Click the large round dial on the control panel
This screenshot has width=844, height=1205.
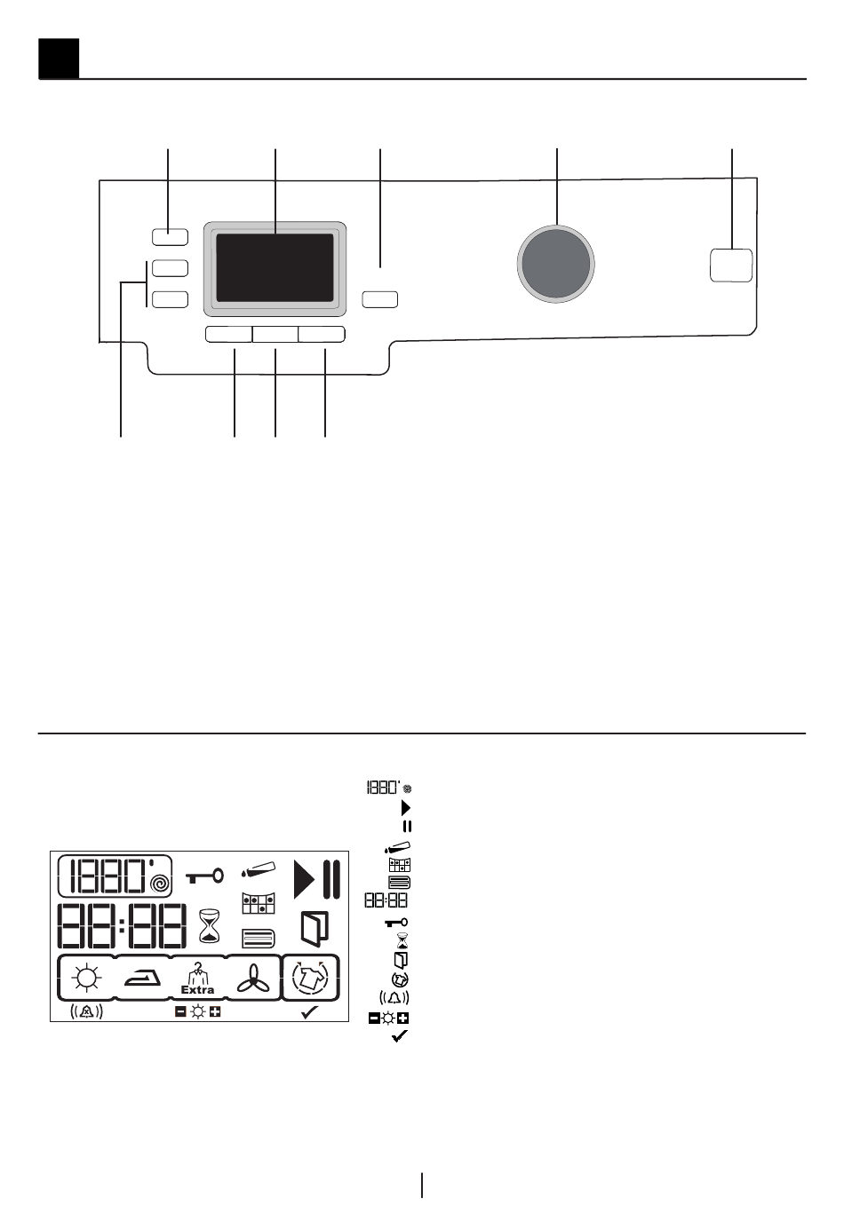556,263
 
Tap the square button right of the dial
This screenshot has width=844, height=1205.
731,266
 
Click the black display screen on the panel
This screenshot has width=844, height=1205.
275,268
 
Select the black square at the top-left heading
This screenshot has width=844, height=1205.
59,59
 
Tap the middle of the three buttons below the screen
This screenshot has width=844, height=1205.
275,334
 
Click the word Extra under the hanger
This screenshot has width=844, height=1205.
197,989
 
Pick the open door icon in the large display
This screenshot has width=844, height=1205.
315,927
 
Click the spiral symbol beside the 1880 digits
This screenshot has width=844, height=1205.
161,884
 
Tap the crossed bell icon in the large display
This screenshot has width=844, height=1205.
87,1011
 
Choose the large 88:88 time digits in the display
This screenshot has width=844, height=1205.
122,926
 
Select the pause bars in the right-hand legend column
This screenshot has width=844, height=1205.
407,826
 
